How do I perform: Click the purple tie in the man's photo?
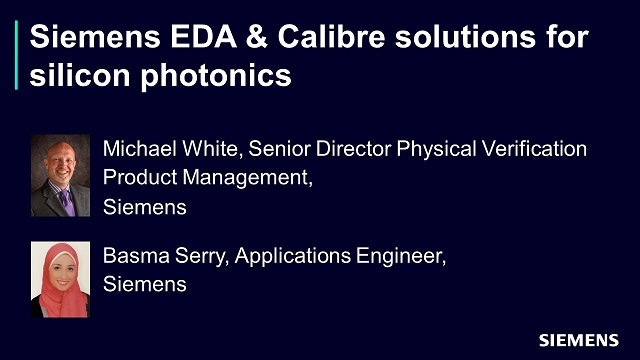(66, 199)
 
